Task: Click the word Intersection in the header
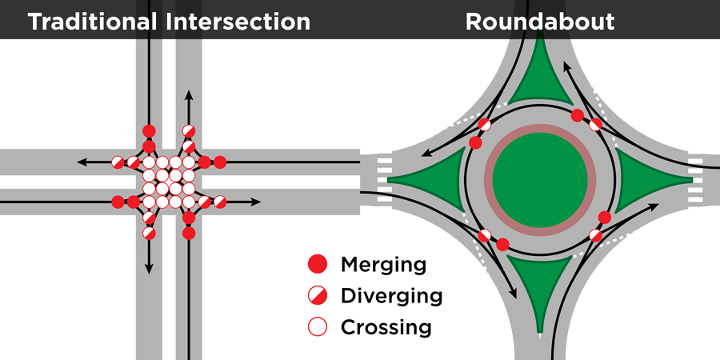(x=238, y=21)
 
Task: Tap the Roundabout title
(x=540, y=21)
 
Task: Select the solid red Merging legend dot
(x=318, y=264)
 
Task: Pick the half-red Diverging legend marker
(x=318, y=296)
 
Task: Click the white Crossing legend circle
(x=318, y=327)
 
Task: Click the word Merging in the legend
(x=383, y=265)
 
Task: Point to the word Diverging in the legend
(x=391, y=296)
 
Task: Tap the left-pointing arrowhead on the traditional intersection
(x=82, y=162)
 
